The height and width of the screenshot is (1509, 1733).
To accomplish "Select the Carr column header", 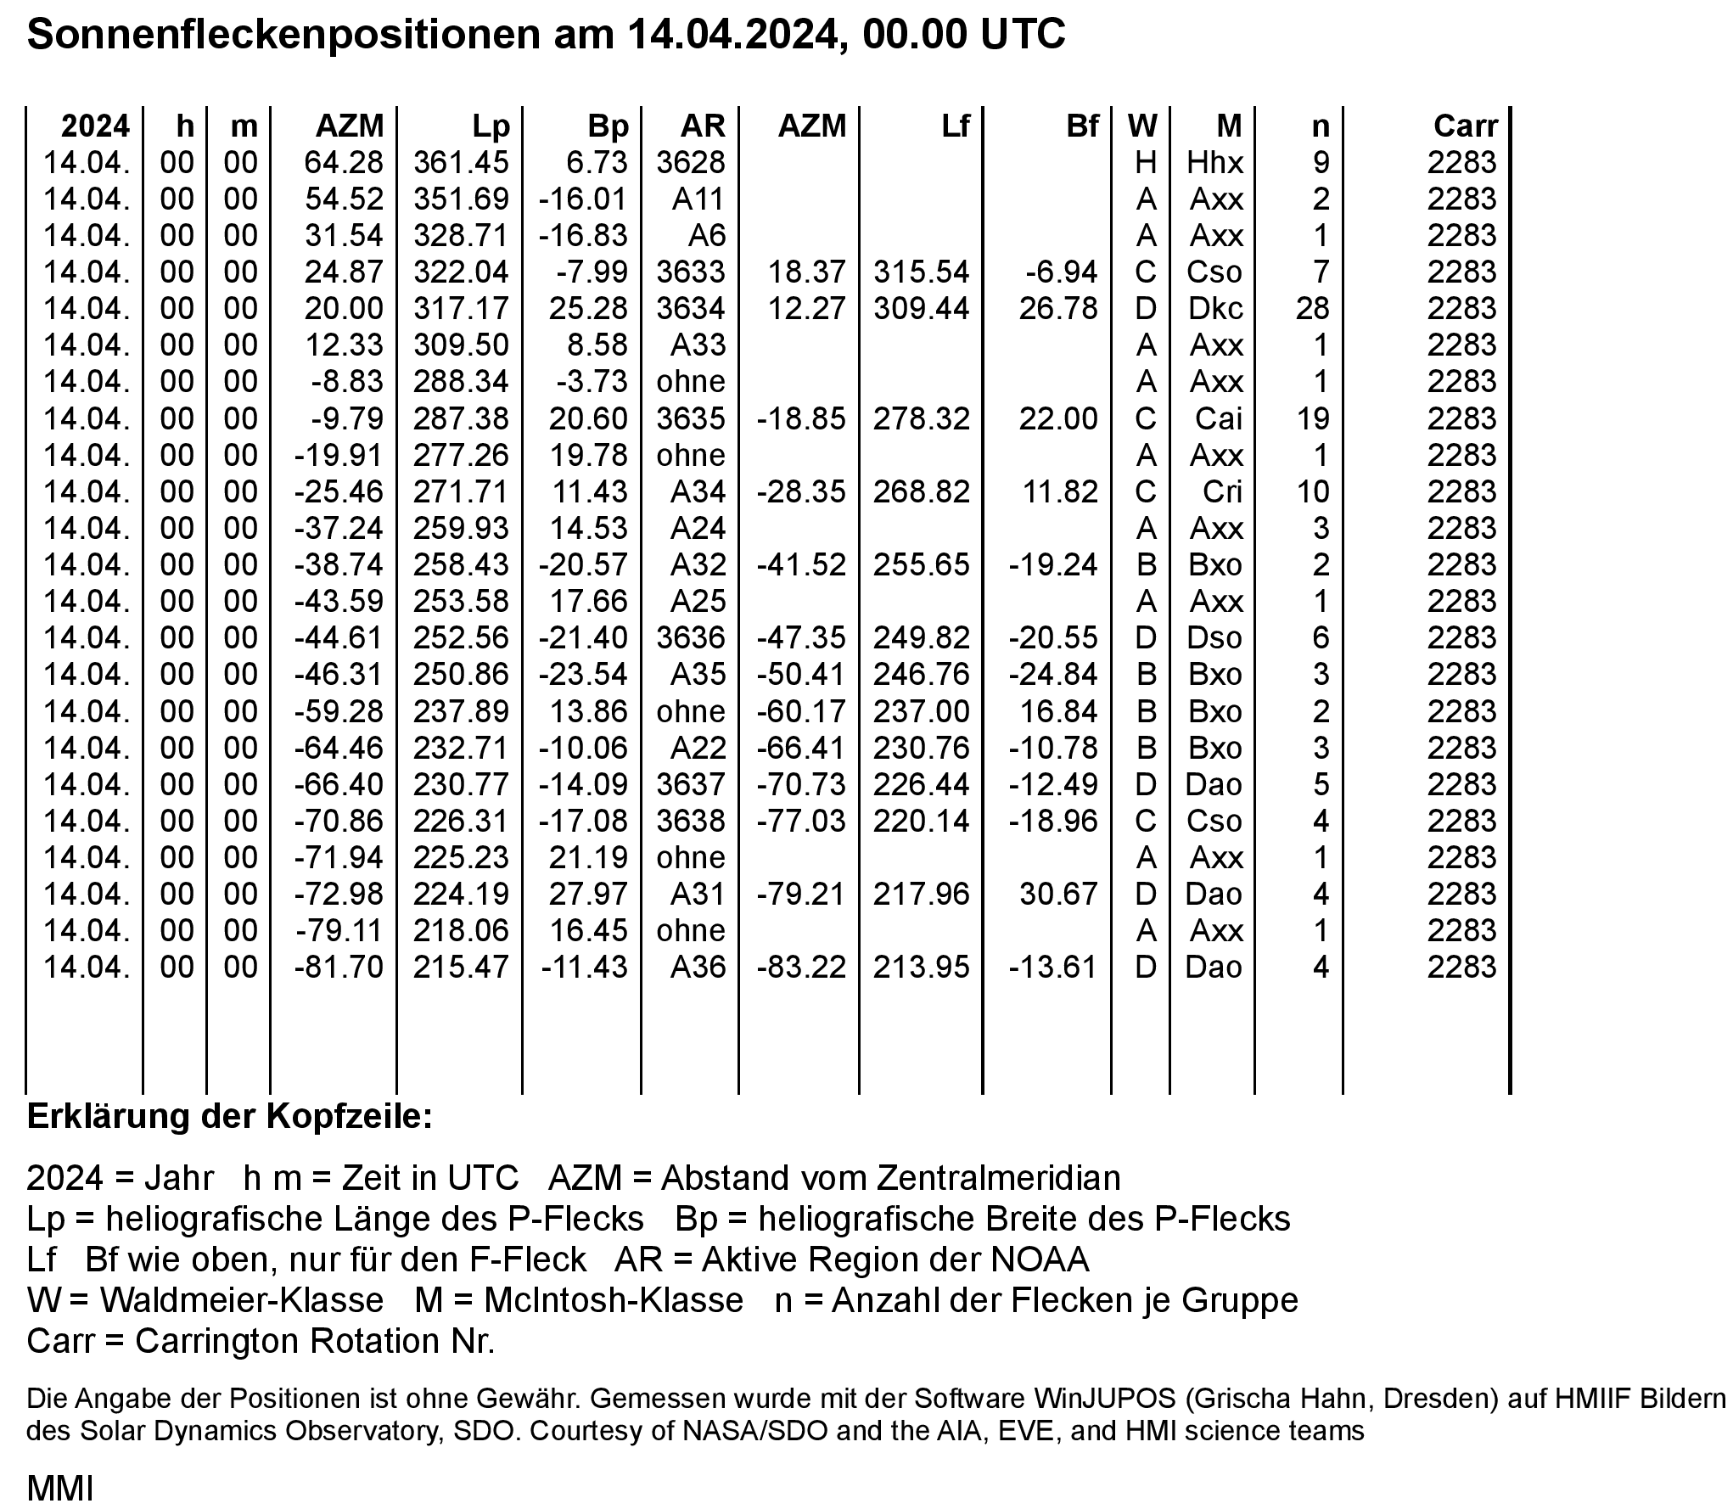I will tap(1466, 126).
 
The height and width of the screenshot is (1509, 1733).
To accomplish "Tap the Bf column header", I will tap(1082, 126).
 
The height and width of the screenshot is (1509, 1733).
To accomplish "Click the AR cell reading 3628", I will tap(691, 163).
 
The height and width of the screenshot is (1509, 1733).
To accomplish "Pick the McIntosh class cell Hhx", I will tap(1215, 163).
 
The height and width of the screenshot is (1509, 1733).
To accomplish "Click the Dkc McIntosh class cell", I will tap(1215, 309).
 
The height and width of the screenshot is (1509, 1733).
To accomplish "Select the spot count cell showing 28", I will tap(1312, 309).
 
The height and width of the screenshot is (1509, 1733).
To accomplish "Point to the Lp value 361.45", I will tap(461, 163).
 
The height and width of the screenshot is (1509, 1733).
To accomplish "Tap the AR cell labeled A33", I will tap(698, 345).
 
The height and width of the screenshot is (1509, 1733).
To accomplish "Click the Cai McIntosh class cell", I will tap(1219, 418).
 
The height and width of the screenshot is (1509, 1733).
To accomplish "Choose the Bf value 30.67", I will tap(1058, 895).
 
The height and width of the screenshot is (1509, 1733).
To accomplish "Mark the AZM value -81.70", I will tap(339, 968).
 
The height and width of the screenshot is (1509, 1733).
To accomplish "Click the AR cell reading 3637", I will tap(691, 785).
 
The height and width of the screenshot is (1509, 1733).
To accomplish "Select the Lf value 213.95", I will tap(921, 968).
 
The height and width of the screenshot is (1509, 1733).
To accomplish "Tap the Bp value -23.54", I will tap(583, 675).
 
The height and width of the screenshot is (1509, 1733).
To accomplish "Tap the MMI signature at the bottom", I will tap(59, 1489).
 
